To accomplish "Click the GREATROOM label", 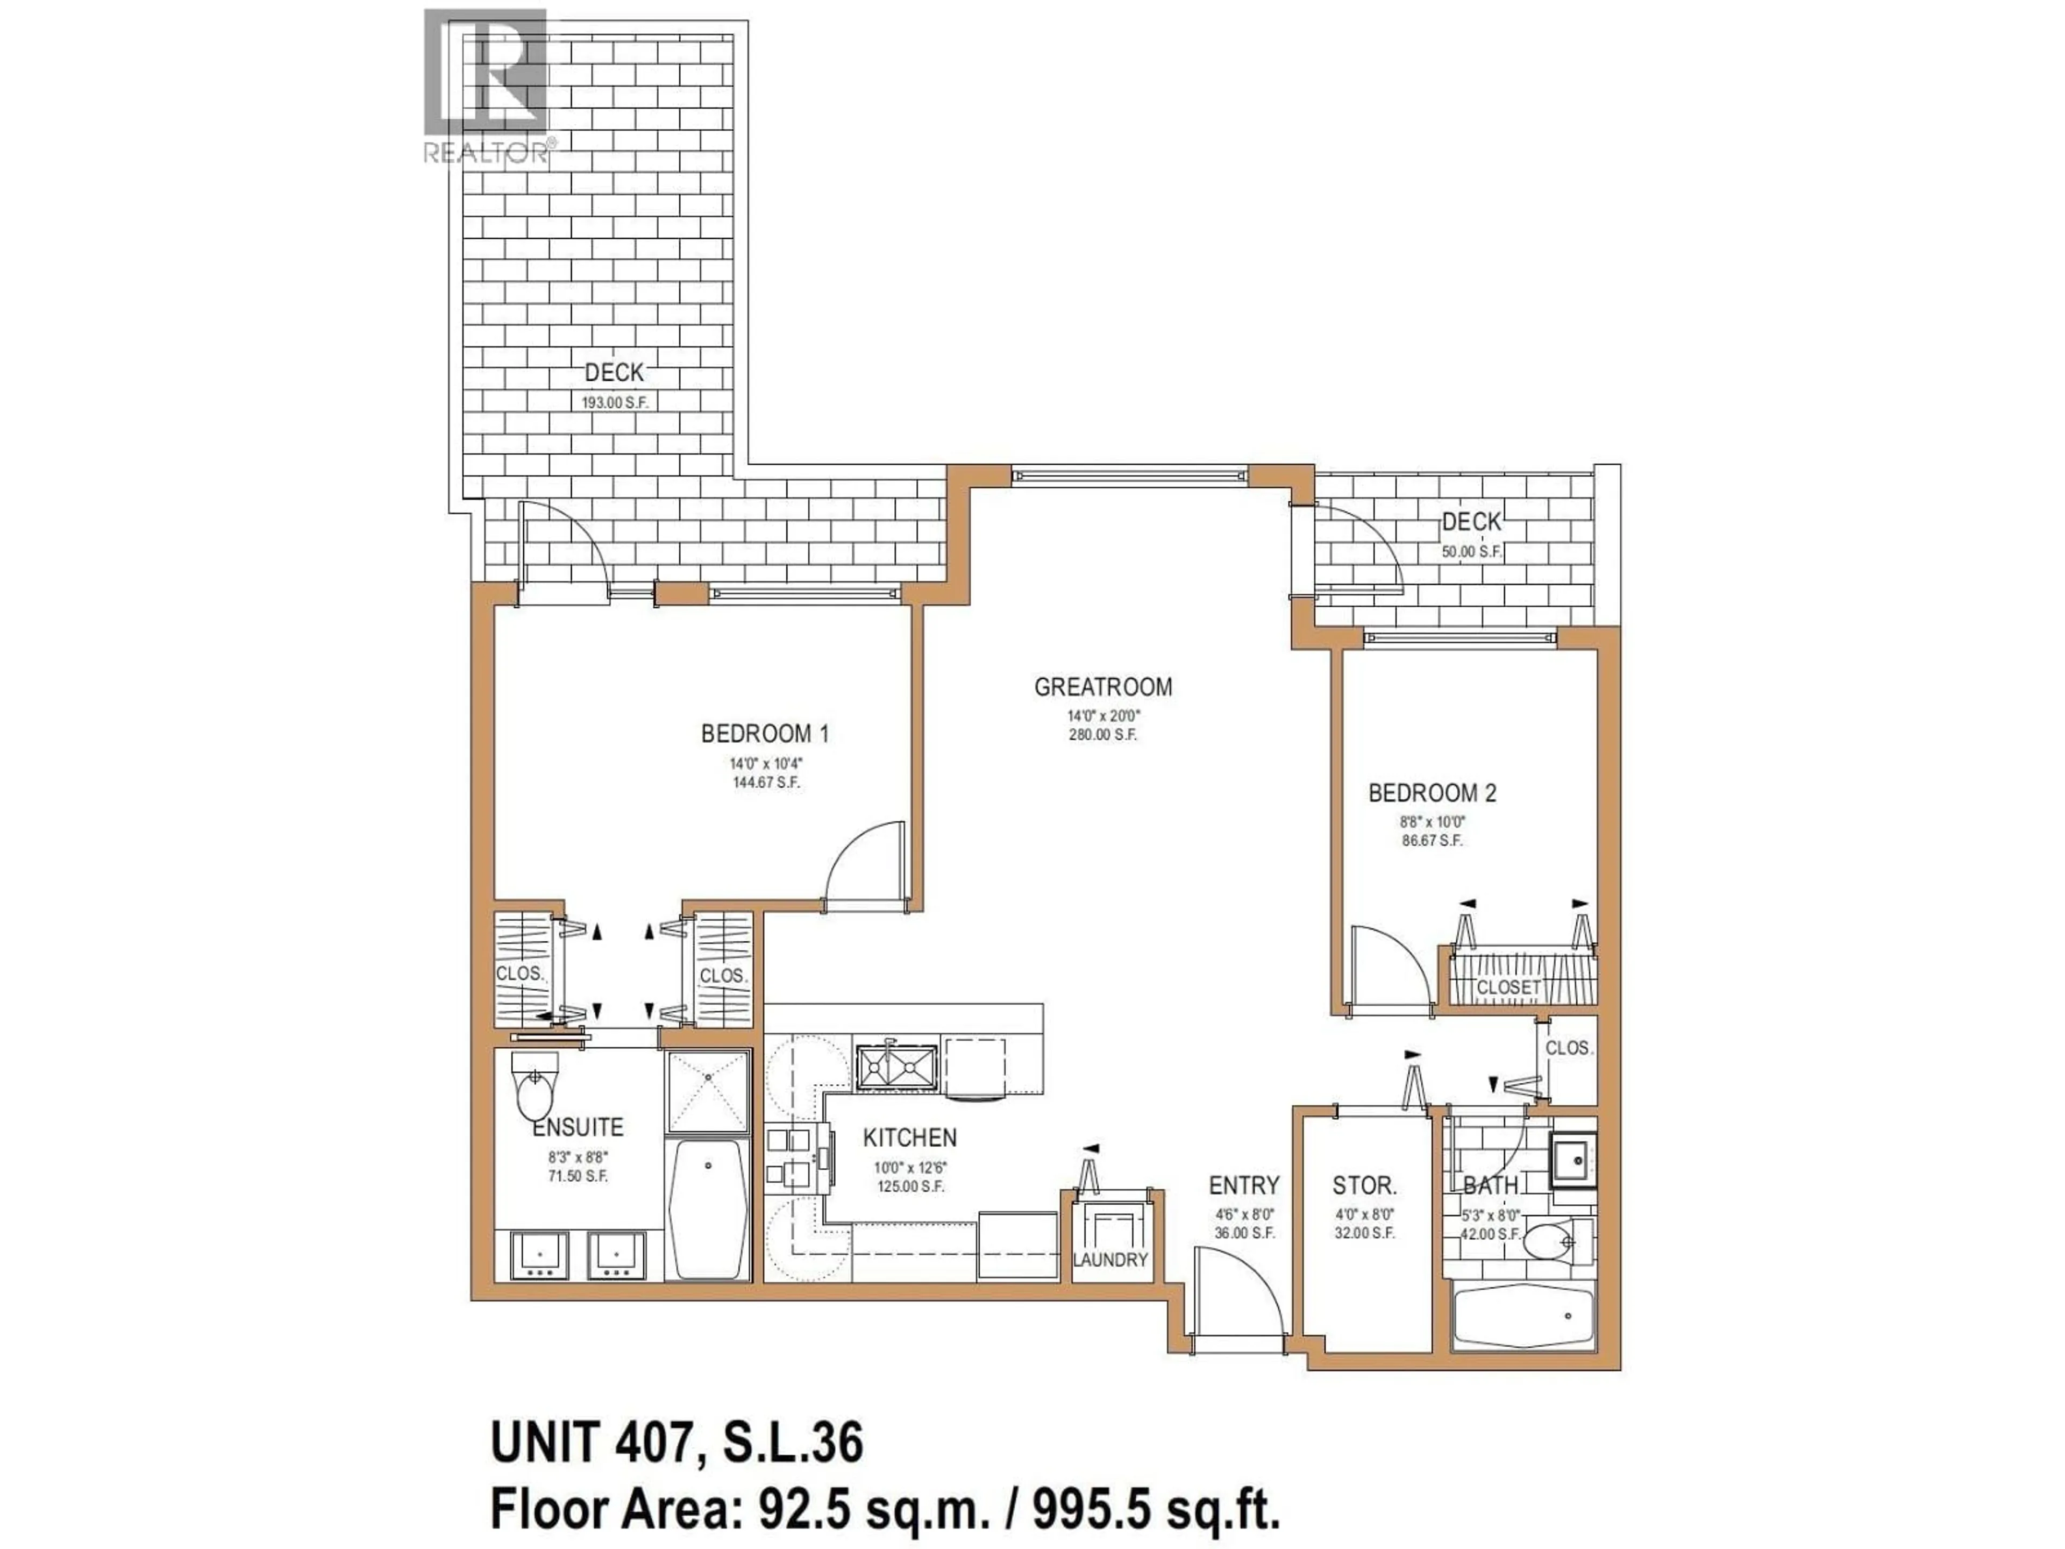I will [1102, 687].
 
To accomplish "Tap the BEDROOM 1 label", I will [765, 734].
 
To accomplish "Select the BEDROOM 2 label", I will [1432, 794].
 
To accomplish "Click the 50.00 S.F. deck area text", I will [1471, 552].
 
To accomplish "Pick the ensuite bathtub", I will [709, 1207].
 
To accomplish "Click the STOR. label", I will [1364, 1186].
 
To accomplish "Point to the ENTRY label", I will [1243, 1186].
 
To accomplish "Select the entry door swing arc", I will [1242, 1293].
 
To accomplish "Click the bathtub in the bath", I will [1523, 1317].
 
